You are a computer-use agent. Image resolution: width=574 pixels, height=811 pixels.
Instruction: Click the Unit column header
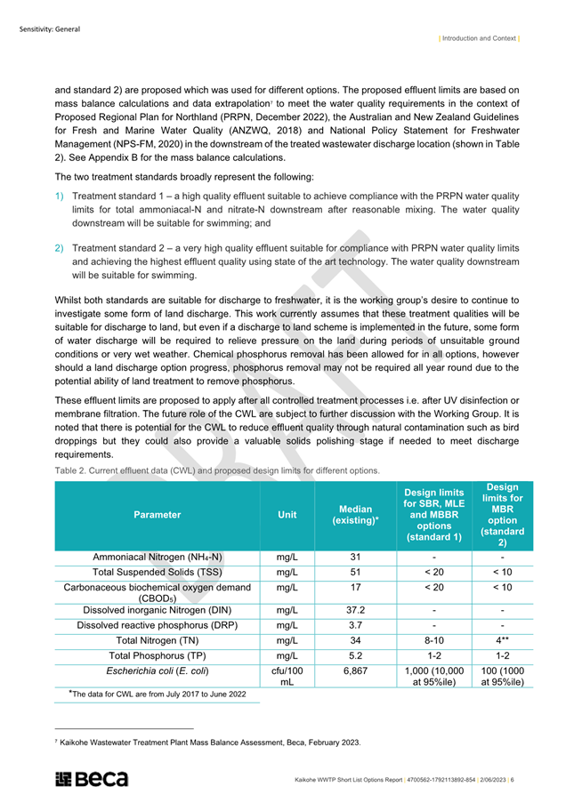(287, 514)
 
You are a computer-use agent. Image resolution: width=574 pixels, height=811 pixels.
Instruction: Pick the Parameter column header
(157, 514)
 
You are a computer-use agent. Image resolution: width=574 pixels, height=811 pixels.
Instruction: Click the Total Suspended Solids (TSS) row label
(157, 573)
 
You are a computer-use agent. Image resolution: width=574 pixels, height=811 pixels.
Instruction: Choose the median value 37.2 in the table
(355, 610)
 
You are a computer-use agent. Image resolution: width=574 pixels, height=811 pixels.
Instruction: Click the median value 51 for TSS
(355, 573)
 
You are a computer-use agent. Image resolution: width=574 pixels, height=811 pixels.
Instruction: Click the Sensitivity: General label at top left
(50, 28)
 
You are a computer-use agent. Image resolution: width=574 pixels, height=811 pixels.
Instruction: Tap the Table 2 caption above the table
(217, 470)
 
